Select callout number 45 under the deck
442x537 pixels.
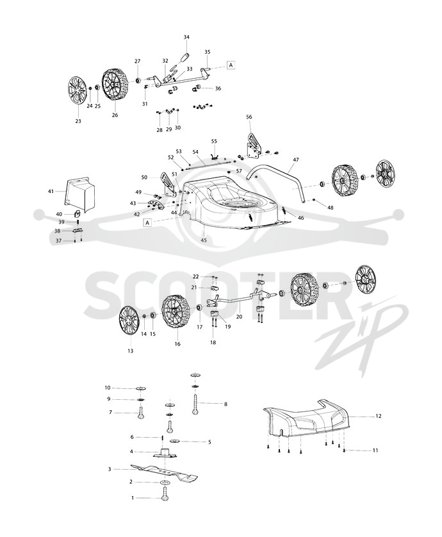click(x=204, y=240)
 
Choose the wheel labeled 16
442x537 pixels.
click(x=176, y=313)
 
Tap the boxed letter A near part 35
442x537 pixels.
click(x=231, y=65)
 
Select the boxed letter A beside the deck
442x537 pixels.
click(x=147, y=222)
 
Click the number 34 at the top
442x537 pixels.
click(x=186, y=37)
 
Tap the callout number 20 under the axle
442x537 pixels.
click(x=240, y=317)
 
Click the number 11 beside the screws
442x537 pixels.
click(x=375, y=450)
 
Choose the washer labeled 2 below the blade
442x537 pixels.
click(x=165, y=483)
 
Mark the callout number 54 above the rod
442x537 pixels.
click(x=195, y=152)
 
